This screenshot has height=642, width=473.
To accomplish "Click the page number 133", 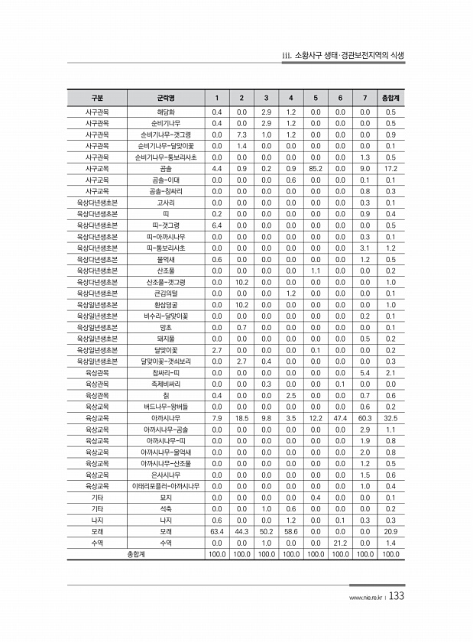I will [396, 597].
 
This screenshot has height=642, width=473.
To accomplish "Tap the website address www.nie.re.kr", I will [364, 598].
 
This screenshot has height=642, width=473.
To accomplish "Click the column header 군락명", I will [166, 98].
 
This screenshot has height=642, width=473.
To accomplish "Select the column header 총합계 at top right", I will [390, 98].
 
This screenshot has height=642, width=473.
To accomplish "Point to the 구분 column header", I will [97, 98].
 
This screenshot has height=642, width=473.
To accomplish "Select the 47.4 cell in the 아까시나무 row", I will [340, 418].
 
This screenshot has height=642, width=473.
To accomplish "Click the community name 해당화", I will [166, 112].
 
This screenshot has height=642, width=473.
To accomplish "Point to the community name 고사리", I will [166, 202].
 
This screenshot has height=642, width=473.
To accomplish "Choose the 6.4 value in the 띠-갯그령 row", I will [217, 225].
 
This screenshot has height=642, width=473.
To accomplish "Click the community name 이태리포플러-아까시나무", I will [166, 486].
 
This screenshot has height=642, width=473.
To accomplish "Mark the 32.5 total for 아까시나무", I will [390, 418].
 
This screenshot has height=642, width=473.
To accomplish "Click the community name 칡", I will [166, 395].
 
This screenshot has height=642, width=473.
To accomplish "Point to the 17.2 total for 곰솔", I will [390, 167].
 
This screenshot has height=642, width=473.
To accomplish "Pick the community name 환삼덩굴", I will [166, 304].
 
